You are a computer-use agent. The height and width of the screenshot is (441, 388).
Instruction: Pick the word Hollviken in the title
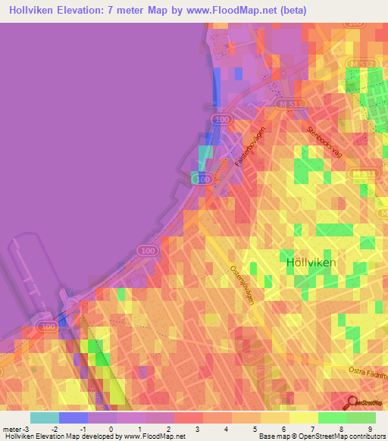(36, 11)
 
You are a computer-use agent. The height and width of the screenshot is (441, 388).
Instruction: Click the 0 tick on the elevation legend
(111, 429)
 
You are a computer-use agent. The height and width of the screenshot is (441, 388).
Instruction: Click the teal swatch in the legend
(45, 418)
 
